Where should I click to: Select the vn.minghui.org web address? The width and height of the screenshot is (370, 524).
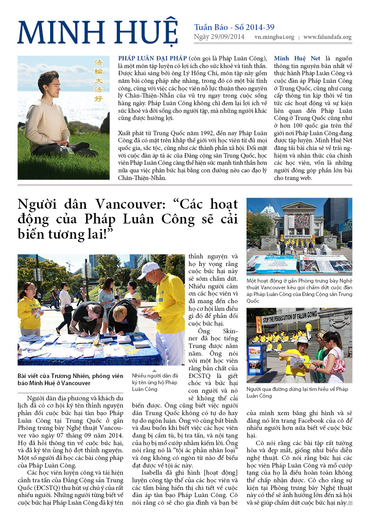[x=274, y=37]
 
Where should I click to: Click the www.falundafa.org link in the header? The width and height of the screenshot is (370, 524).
[x=327, y=37]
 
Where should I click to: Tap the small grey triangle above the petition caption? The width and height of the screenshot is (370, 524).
[x=154, y=371]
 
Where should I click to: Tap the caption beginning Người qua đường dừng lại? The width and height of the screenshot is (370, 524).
[x=297, y=392]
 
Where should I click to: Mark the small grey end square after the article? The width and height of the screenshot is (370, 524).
[x=350, y=503]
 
